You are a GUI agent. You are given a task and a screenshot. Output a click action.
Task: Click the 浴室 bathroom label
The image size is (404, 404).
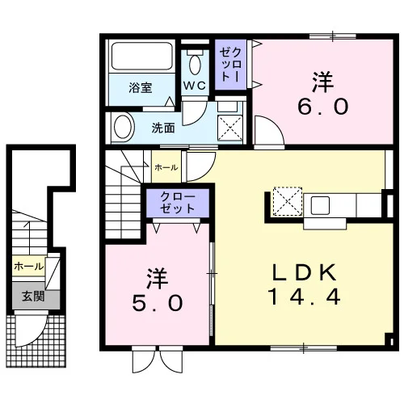[141, 88]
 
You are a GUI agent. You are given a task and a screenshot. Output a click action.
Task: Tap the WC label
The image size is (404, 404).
[195, 86]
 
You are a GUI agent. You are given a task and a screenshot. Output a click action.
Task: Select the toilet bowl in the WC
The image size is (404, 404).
[195, 65]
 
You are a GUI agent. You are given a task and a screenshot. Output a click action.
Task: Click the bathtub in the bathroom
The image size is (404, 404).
[142, 56]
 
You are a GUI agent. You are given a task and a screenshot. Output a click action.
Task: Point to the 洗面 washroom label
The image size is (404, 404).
[163, 128]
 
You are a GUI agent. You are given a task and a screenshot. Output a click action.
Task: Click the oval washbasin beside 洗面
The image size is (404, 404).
[124, 127]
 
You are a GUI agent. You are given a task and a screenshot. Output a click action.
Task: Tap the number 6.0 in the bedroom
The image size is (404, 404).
[323, 107]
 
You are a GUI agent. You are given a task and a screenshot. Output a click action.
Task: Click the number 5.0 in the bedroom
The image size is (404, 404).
[158, 303]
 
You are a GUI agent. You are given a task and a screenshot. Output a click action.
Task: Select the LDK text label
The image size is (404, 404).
[305, 272]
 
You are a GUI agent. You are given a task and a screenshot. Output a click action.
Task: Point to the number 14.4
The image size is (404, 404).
[304, 297]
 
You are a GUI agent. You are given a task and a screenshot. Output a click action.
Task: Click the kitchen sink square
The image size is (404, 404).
[321, 205]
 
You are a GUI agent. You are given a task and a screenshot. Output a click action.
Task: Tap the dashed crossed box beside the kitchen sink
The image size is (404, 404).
[288, 201]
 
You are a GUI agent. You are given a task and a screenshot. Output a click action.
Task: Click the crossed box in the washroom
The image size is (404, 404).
[229, 128]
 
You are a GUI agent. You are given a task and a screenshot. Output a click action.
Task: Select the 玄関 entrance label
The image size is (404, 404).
[33, 297]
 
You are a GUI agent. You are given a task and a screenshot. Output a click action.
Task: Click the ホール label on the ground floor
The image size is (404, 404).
[28, 267]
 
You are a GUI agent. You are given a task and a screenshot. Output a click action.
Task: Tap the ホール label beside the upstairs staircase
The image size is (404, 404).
[166, 167]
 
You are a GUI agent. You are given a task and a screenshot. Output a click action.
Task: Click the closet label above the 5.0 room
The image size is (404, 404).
[178, 203]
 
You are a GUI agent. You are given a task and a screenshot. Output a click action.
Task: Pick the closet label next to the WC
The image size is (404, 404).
[230, 65]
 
